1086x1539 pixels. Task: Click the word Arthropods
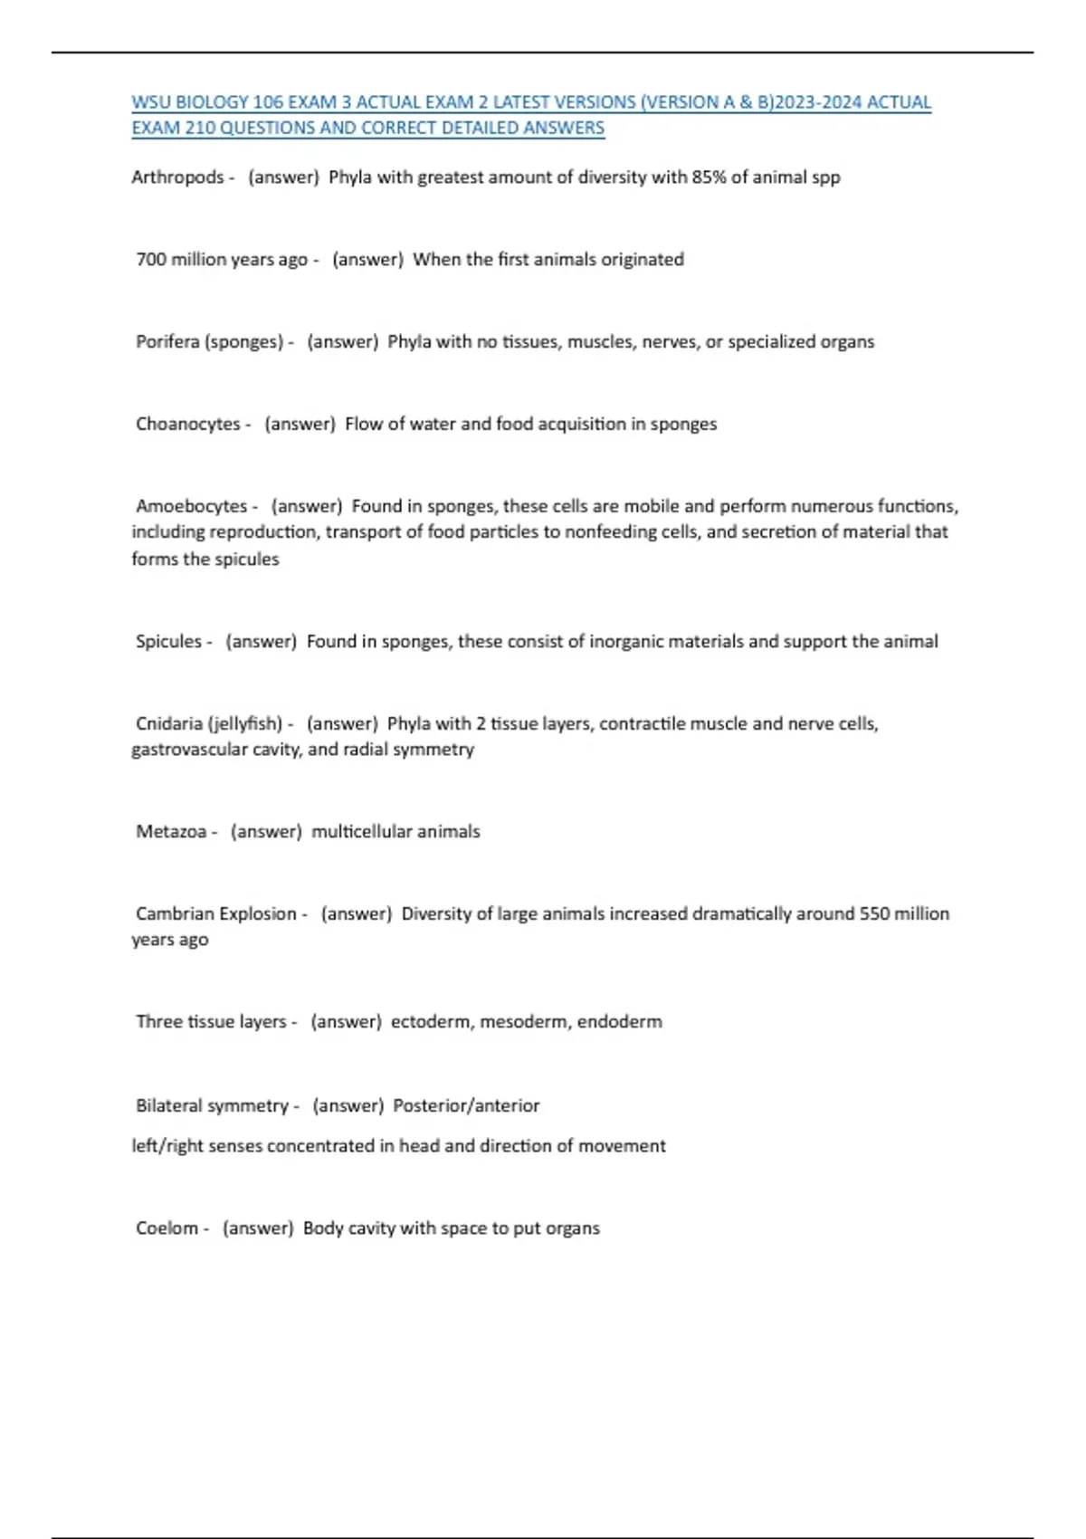tap(177, 177)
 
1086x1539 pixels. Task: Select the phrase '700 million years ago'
tap(222, 260)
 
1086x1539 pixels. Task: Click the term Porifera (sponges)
tap(209, 342)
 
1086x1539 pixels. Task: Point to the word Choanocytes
tap(188, 425)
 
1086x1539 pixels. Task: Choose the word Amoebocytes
tap(191, 506)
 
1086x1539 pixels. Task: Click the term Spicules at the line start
tap(168, 642)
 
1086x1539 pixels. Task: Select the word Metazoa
tap(171, 832)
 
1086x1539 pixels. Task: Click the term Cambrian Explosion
tap(216, 914)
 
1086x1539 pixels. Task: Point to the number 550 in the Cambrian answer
tap(874, 914)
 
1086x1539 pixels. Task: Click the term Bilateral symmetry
tap(212, 1106)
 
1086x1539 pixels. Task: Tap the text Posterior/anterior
tap(466, 1106)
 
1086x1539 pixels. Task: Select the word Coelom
tap(167, 1228)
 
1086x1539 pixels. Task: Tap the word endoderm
tap(620, 1022)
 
